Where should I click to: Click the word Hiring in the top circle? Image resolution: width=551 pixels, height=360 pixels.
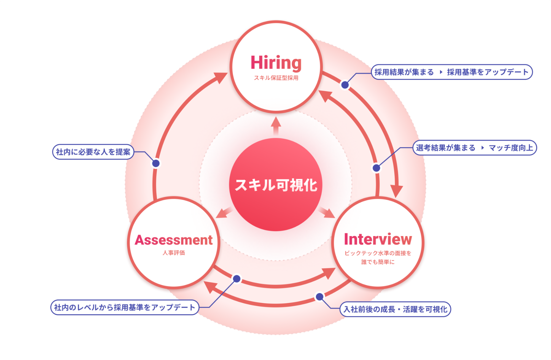click(x=276, y=63)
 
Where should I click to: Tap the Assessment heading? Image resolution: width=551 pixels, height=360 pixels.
click(x=174, y=240)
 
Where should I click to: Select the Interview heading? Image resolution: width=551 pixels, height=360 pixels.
click(x=378, y=239)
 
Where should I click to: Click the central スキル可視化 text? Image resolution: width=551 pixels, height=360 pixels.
click(x=276, y=185)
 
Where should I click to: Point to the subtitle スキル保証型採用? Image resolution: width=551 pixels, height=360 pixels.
click(x=276, y=78)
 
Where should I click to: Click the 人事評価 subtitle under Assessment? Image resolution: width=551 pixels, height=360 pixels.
click(x=174, y=253)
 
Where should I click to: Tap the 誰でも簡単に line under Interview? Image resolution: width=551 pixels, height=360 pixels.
click(x=378, y=262)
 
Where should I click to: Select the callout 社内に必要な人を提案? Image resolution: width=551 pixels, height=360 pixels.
click(x=93, y=152)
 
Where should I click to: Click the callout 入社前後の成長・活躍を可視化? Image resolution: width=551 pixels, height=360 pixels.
click(x=395, y=309)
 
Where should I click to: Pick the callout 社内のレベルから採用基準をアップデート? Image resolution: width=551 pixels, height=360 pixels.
click(x=125, y=307)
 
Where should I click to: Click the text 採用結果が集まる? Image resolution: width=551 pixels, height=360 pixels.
click(x=404, y=72)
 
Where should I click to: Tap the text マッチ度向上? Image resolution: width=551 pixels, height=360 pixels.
click(x=511, y=148)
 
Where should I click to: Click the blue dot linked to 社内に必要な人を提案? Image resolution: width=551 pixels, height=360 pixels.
click(x=156, y=163)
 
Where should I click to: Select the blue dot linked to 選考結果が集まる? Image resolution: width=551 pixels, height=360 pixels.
click(x=376, y=168)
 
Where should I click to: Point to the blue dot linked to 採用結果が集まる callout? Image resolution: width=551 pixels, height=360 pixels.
click(x=345, y=85)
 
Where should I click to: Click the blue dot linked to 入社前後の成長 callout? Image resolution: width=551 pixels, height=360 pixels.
click(x=319, y=297)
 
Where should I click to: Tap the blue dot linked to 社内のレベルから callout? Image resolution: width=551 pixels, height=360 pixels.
click(x=237, y=279)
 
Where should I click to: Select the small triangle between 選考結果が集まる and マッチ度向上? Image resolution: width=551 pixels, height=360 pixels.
click(x=482, y=148)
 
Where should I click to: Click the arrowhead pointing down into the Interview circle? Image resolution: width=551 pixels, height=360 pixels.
click(x=396, y=191)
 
